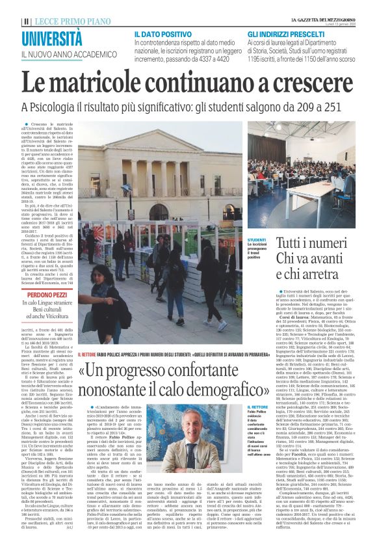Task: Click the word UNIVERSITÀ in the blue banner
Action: [x=52, y=38]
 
